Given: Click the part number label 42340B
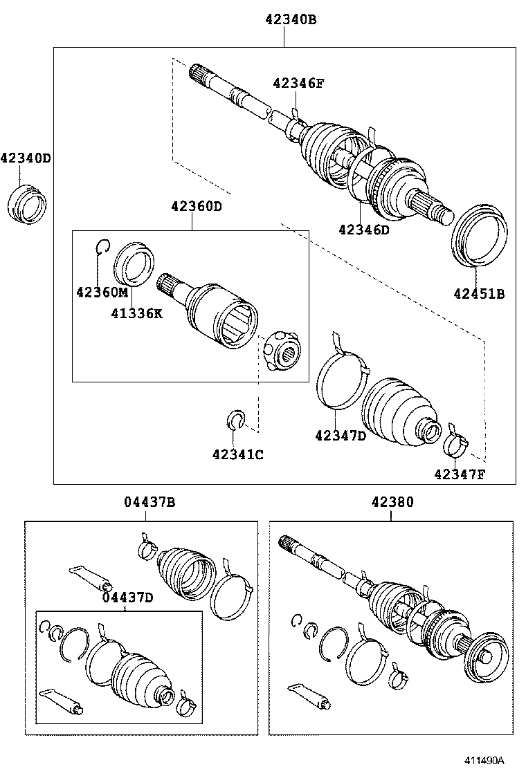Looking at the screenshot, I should [x=290, y=20].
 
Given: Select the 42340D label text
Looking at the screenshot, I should [x=26, y=158].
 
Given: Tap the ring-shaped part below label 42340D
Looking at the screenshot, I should [x=28, y=203].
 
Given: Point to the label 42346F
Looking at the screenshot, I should [x=298, y=84].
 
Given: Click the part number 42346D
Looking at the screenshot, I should [x=364, y=230].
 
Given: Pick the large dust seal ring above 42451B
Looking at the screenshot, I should [x=480, y=234].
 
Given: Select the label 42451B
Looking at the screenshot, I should [x=479, y=293].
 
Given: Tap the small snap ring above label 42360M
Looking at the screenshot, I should [x=102, y=245].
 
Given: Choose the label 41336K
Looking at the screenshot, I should [x=136, y=313].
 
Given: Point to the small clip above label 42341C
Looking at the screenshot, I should [x=237, y=419].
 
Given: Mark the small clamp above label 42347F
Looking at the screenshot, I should [x=455, y=442].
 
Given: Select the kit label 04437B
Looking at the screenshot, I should [x=149, y=503].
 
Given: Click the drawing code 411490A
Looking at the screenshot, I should [x=493, y=759].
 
